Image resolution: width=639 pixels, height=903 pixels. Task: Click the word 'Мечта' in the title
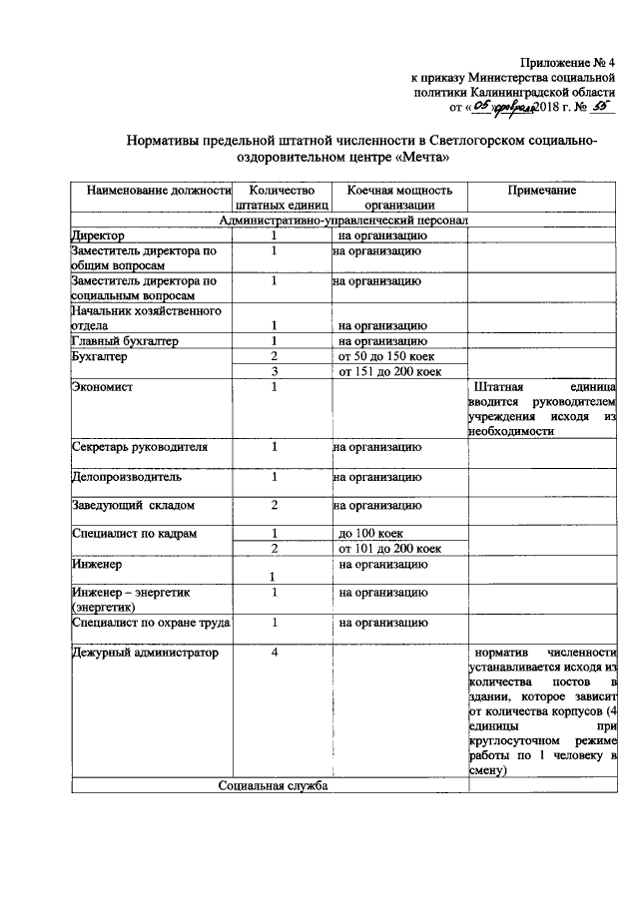click(409, 157)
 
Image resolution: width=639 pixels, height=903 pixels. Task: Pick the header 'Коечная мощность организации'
click(398, 198)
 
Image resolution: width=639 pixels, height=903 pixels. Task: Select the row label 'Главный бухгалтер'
click(125, 341)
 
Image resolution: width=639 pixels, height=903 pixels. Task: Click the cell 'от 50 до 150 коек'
click(386, 356)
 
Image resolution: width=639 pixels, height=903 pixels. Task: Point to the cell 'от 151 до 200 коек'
click(389, 371)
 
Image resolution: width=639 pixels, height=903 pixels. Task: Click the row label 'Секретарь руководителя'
click(140, 447)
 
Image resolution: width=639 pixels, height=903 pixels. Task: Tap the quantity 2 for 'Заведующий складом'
click(273, 505)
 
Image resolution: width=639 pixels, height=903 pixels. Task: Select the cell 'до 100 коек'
click(371, 534)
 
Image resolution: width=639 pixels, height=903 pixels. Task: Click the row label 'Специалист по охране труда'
click(151, 624)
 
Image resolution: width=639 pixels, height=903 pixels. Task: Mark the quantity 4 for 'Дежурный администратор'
click(273, 653)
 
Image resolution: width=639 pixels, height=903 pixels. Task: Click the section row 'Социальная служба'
click(273, 786)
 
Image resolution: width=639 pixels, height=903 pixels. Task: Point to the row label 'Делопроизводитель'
click(127, 477)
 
